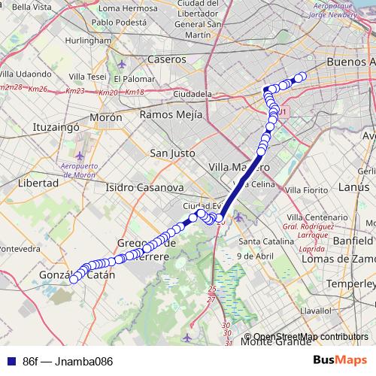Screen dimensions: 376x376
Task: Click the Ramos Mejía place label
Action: tap(171, 115)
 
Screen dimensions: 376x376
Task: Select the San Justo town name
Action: tap(173, 153)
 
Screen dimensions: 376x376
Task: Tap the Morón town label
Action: tap(105, 118)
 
